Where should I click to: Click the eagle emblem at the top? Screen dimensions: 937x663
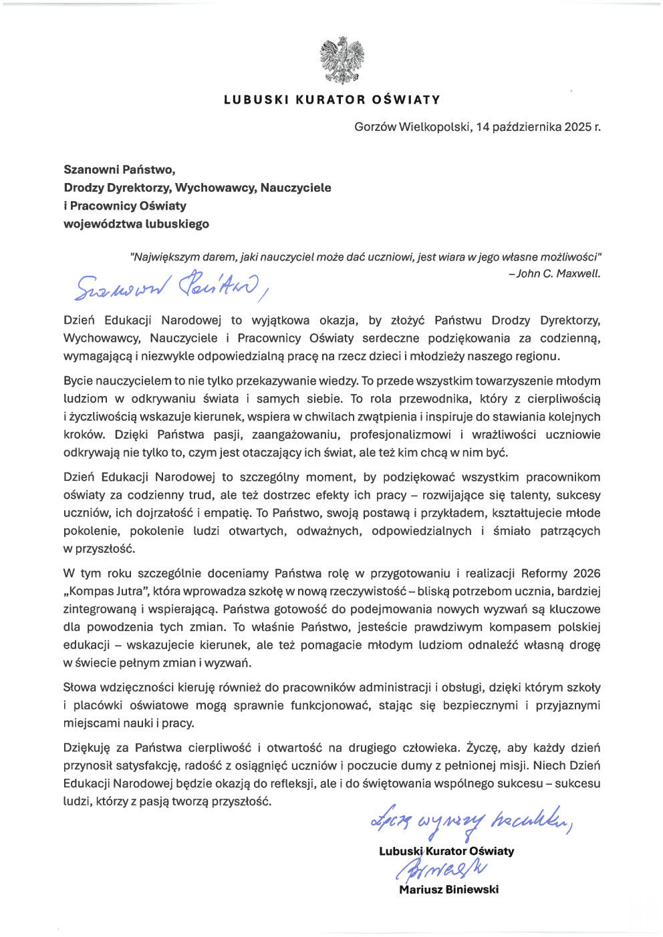point(342,61)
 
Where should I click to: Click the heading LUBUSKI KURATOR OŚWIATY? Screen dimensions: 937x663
point(332,100)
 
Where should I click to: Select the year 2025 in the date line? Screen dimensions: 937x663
point(577,127)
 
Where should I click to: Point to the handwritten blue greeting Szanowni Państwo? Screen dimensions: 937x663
point(170,286)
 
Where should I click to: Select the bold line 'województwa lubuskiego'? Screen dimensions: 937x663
point(136,224)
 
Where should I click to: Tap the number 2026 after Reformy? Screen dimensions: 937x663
point(587,573)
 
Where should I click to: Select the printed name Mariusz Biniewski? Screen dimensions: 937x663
point(448,890)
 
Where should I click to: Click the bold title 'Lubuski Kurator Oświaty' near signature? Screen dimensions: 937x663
point(446,852)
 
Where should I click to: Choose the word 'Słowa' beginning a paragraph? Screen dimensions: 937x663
point(79,688)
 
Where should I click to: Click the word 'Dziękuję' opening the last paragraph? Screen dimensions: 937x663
point(86,748)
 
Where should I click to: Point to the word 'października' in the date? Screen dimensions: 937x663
point(527,127)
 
